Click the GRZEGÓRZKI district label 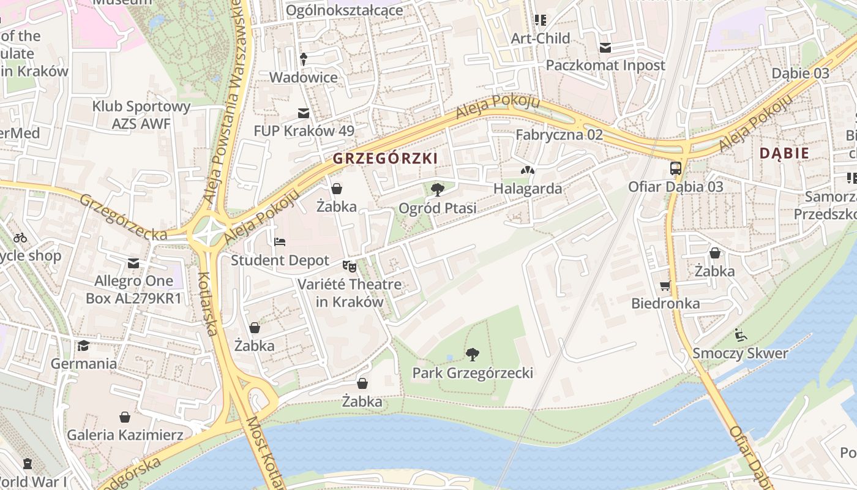pos(385,158)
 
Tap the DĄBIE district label pos(784,153)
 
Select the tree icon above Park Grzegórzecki pos(472,354)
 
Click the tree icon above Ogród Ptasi pos(437,189)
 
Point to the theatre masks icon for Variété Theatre pos(350,266)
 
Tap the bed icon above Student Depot pos(280,242)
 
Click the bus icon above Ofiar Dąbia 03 pos(676,168)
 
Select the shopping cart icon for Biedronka pos(665,285)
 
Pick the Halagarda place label pos(528,188)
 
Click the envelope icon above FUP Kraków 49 pos(304,113)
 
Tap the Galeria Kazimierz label pos(125,435)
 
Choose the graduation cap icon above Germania pos(84,345)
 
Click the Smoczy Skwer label pos(740,353)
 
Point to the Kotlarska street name pos(208,303)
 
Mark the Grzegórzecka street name pos(122,217)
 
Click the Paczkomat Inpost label pos(605,65)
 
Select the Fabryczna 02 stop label pos(559,135)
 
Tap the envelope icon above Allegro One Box pos(133,263)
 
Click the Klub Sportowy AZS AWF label pos(141,115)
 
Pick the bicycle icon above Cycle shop pos(20,238)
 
